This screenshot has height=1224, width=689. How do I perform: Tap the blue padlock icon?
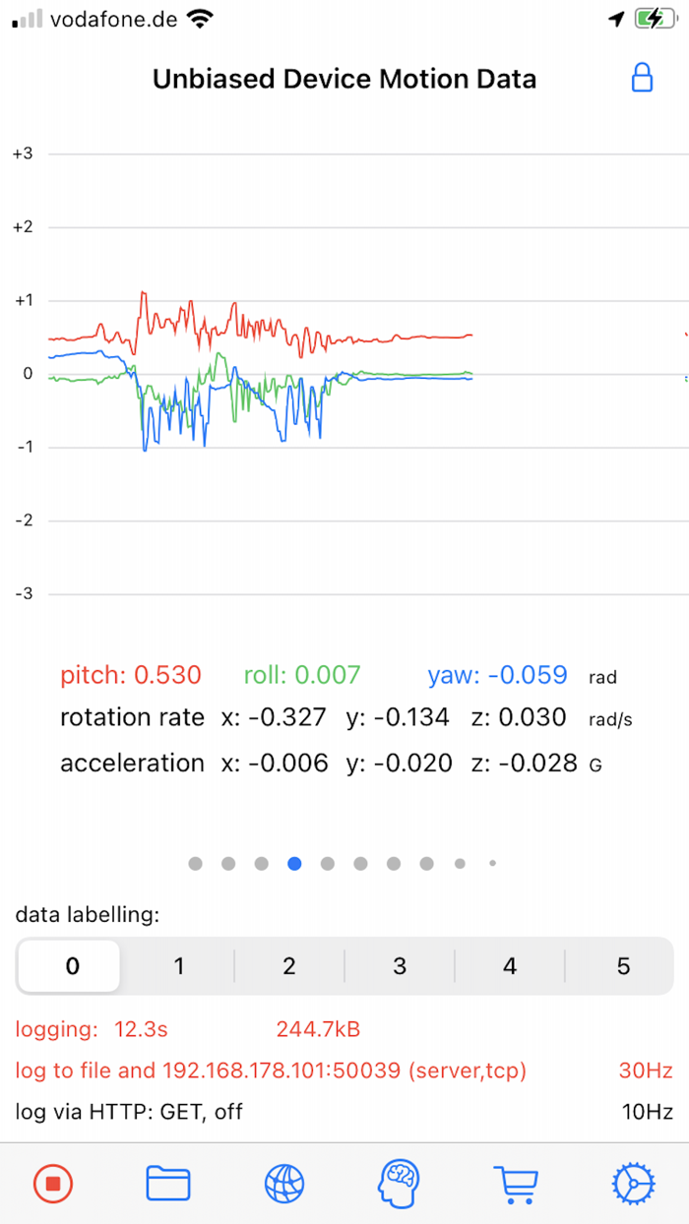[x=642, y=78]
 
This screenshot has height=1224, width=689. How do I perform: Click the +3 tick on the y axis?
[x=22, y=153]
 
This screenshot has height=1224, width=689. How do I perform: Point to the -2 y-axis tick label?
[x=22, y=520]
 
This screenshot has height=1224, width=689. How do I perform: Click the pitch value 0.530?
[x=167, y=675]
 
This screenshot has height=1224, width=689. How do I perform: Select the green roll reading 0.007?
[x=328, y=675]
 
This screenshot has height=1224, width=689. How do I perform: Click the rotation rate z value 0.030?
[x=532, y=718]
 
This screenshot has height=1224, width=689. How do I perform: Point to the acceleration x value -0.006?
[x=287, y=764]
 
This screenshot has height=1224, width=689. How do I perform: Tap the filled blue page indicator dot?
[x=294, y=864]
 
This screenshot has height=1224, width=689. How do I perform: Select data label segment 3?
[x=400, y=966]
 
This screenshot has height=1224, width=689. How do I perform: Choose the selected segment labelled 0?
[x=71, y=966]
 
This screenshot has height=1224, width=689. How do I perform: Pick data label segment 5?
[x=623, y=966]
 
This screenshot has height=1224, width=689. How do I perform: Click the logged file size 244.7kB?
[x=318, y=1030]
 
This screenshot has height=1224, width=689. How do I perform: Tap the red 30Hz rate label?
[x=647, y=1070]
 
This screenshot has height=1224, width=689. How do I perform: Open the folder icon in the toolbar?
[x=168, y=1183]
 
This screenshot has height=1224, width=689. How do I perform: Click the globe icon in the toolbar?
[x=284, y=1183]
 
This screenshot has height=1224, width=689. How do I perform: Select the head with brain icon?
[x=399, y=1183]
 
